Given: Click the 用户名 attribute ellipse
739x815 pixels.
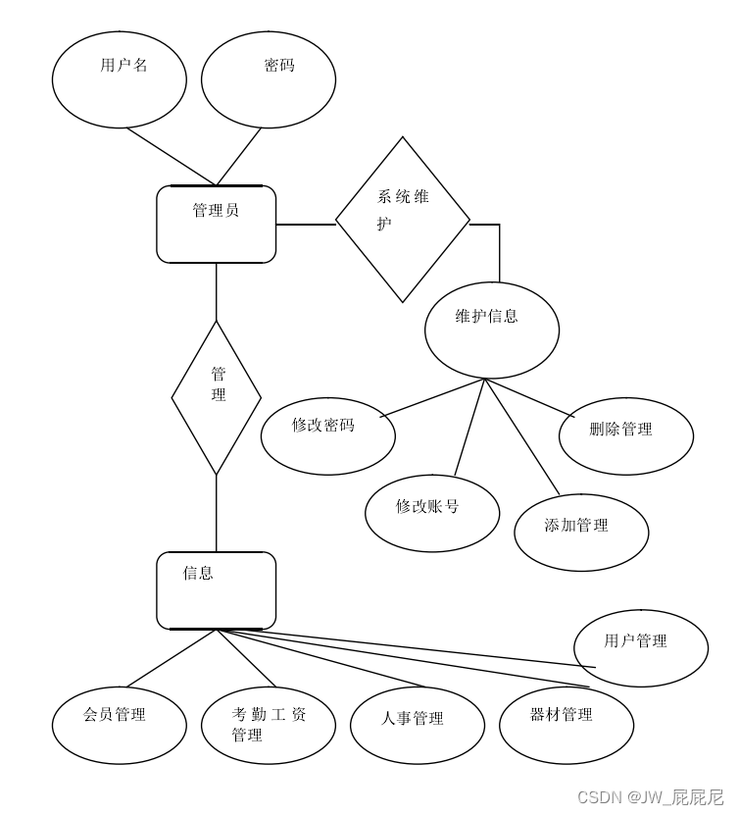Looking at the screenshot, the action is point(119,78).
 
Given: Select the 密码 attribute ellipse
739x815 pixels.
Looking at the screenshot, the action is point(269,78).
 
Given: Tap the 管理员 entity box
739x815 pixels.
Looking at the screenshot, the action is point(217,225).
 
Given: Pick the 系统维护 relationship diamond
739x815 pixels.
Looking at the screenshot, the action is point(403,219).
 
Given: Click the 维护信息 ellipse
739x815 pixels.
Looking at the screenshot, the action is point(492,331).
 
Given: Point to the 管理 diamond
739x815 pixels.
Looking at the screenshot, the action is point(217,397).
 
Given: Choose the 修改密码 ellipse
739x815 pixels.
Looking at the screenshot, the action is point(328,434).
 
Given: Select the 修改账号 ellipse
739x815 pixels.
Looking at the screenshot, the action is point(432,512).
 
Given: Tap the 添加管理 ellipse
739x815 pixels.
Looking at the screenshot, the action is point(581,531).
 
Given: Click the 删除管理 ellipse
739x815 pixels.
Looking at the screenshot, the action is point(626,434).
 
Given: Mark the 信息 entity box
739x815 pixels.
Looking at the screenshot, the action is point(217,589).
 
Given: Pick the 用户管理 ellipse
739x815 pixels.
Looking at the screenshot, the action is point(641,647).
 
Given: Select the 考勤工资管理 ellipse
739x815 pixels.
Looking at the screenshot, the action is point(269,724).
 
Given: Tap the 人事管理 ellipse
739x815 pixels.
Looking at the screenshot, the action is point(418,726).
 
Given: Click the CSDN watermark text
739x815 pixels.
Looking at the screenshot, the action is point(650,796).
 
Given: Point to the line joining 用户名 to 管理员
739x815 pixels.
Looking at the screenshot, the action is point(172,157).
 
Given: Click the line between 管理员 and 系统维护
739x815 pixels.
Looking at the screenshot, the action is point(306,225).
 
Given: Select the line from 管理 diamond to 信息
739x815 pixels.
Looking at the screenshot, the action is point(217,513).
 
